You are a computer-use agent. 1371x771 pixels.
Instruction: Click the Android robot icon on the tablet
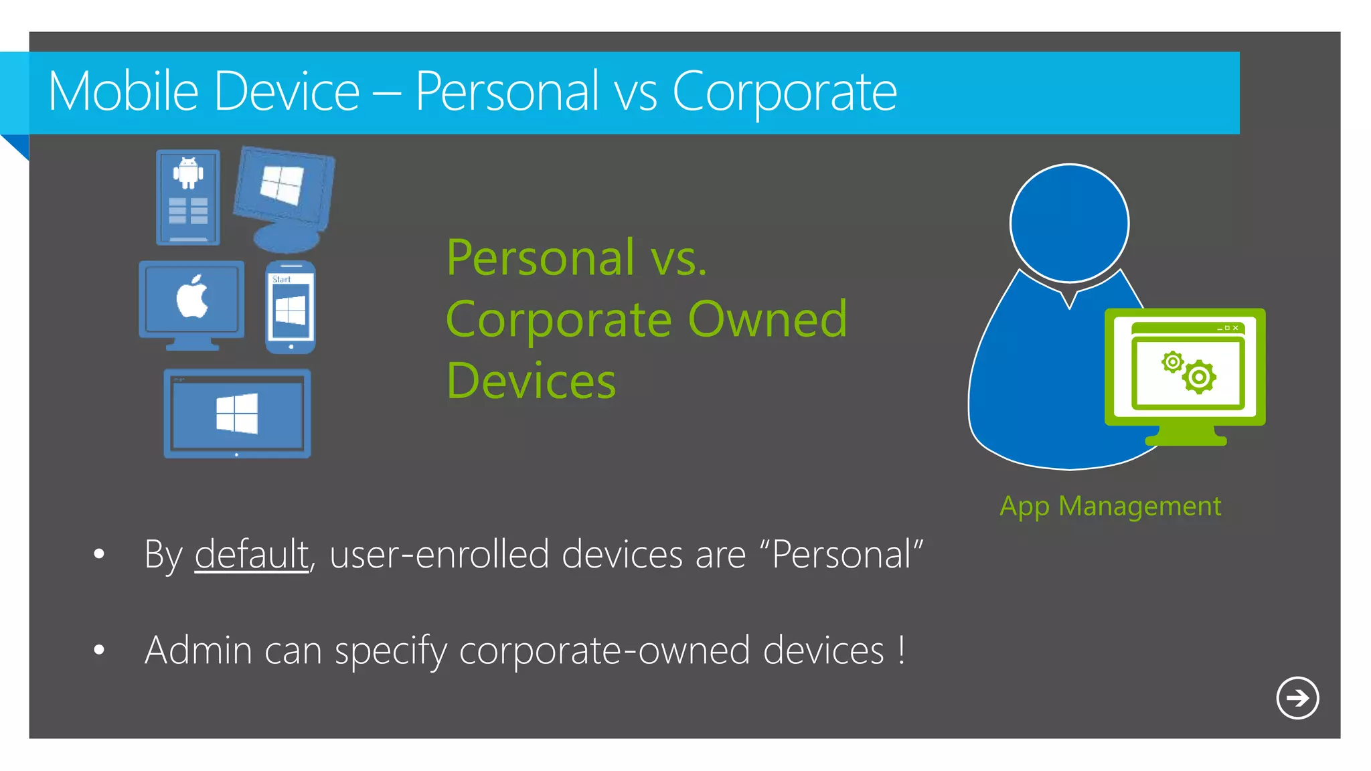click(x=188, y=173)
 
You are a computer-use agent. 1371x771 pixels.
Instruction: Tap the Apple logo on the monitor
click(x=192, y=296)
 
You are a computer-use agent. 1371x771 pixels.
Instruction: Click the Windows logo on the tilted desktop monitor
click(x=282, y=185)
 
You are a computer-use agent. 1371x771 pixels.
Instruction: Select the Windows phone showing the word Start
click(x=291, y=308)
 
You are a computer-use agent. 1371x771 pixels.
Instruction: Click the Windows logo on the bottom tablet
click(x=237, y=414)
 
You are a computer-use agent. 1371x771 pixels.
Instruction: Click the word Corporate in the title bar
click(x=784, y=92)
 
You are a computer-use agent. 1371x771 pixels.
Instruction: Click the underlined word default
click(x=252, y=555)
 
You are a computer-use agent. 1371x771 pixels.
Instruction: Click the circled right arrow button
click(x=1297, y=698)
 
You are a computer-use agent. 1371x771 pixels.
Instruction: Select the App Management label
click(x=1110, y=507)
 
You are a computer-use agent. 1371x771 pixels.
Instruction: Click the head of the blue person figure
click(x=1069, y=223)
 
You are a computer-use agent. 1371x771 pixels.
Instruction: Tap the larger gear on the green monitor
click(x=1199, y=377)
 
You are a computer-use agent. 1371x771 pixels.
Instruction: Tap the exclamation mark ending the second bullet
click(x=902, y=649)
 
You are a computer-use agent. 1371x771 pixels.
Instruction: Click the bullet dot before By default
click(x=99, y=554)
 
